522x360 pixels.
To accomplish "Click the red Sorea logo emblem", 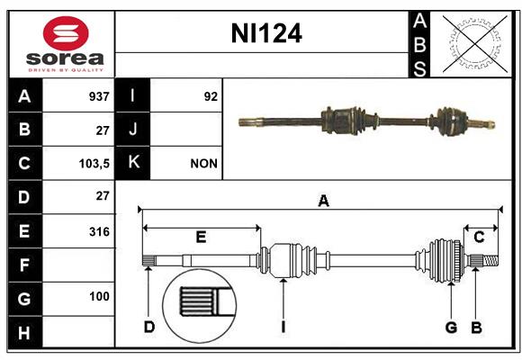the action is pos(66,33).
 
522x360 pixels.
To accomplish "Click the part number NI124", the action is pos(266,33).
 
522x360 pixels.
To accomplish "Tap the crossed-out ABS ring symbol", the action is pos(475,44).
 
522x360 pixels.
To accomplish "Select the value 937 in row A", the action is pos(99,96).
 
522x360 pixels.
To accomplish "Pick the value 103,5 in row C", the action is pos(94,164).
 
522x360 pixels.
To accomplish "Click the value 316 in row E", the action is pos(99,231).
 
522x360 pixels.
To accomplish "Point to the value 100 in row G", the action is pos(99,296).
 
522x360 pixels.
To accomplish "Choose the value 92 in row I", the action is pos(211,96).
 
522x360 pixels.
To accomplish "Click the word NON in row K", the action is pos(203,164).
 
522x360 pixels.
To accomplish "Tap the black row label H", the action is pos(25,332).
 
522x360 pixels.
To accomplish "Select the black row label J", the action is pos(133,130).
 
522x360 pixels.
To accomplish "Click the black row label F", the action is pos(25,265).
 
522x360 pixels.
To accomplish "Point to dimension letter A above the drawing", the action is pos(323,201).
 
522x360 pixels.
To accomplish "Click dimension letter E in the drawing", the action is pos(201,237).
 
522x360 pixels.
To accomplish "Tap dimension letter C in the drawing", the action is pos(479,237).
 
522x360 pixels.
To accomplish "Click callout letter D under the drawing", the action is pos(149,327).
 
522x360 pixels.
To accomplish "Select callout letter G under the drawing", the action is pos(451,328).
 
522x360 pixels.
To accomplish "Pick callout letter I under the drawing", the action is pos(283,327).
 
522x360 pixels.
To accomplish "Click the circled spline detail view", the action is pos(200,307).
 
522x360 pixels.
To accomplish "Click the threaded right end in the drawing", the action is pos(490,260).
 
